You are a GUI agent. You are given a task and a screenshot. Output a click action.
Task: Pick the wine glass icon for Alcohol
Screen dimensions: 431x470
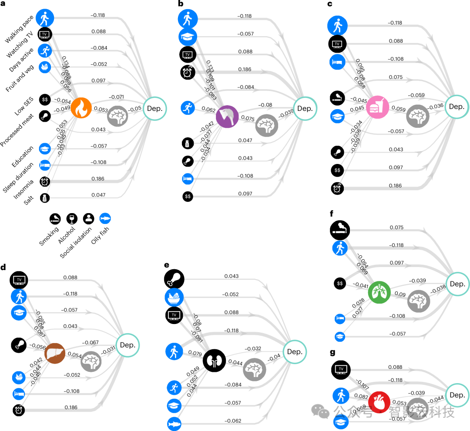tap(72, 219)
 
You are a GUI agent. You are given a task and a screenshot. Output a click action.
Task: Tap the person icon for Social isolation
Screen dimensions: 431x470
tap(89, 219)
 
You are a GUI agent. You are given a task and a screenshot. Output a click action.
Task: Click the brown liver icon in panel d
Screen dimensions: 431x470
tap(55, 354)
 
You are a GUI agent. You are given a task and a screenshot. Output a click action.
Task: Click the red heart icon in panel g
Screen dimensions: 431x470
tap(379, 401)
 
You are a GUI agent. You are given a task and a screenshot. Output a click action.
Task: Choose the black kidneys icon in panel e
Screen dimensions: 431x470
tap(215, 360)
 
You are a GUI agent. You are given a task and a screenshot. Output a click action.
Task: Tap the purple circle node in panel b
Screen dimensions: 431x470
tap(227, 116)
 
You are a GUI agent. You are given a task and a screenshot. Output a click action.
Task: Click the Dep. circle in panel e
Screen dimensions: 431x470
tap(295, 351)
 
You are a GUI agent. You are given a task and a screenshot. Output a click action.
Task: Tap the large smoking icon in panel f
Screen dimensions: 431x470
tap(340, 229)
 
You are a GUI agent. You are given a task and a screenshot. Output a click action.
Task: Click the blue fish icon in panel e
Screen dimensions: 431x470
tap(175, 422)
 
